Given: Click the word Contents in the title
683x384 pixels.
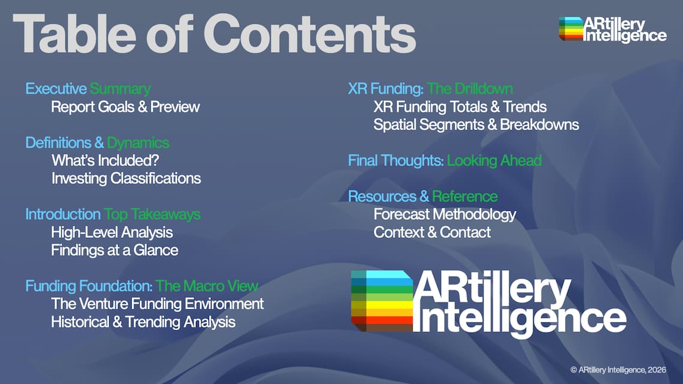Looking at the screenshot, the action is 310,34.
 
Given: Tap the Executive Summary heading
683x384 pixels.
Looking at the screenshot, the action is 88,89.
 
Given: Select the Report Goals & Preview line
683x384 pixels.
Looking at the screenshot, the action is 125,107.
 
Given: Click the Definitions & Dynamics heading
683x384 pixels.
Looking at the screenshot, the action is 97,143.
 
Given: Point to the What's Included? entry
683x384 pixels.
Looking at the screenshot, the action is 105,161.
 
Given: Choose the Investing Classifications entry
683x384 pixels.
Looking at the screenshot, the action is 126,179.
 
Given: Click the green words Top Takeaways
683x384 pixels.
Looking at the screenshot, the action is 152,214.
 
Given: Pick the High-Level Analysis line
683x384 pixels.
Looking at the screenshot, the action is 112,232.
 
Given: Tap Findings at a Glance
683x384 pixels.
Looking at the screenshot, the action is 114,250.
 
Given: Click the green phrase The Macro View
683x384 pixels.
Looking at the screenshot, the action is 207,286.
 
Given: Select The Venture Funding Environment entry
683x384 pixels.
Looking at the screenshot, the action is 157,304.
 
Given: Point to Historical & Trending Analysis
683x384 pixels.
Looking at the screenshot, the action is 143,322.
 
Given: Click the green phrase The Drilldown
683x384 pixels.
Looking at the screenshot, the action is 470,89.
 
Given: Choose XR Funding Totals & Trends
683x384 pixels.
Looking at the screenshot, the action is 460,107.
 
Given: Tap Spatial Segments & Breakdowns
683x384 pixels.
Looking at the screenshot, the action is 476,125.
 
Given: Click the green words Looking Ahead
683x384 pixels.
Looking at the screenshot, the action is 494,161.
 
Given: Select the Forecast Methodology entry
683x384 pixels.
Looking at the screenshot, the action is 445,214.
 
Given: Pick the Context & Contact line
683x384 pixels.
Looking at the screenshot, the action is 432,232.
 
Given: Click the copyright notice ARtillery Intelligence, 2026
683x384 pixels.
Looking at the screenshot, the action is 618,370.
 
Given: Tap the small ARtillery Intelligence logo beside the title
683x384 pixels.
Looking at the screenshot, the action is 612,29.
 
